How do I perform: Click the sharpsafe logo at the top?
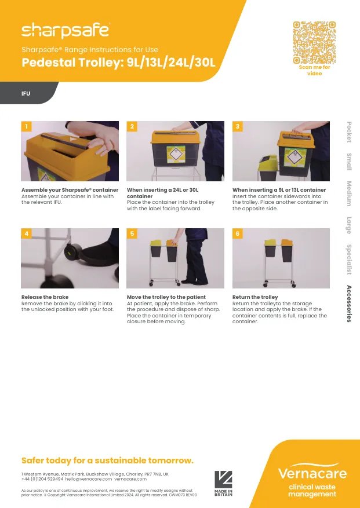(x=65, y=30)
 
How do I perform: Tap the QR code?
(x=314, y=42)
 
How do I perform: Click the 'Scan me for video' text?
(x=314, y=71)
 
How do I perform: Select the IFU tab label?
(x=26, y=93)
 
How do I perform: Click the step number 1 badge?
(x=26, y=126)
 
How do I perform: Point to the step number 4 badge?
(x=26, y=233)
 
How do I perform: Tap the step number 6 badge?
(x=237, y=233)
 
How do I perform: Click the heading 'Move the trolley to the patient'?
(x=166, y=297)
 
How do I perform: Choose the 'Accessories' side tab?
(x=349, y=304)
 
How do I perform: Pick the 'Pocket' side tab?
(x=349, y=131)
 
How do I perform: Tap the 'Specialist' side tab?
(x=349, y=260)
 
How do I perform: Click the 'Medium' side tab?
(x=349, y=193)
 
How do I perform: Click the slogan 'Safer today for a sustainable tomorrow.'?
(x=107, y=461)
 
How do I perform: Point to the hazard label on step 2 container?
(x=175, y=154)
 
